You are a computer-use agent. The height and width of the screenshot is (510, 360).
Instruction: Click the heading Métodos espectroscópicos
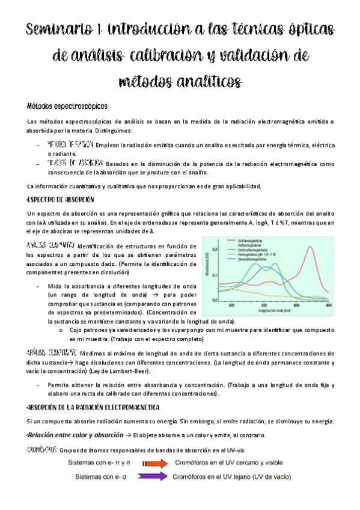(62, 106)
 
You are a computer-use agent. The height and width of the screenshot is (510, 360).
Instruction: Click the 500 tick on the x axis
(233, 305)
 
